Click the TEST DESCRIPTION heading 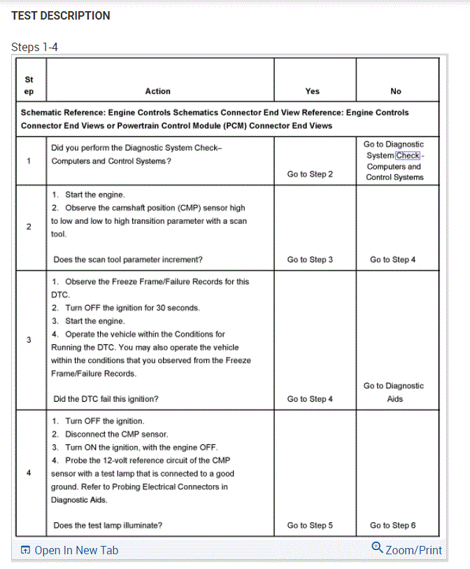tap(61, 15)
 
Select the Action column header tap(157, 91)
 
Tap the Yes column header tap(313, 91)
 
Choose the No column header tap(396, 91)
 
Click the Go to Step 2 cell tap(310, 174)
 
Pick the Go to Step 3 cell tap(310, 260)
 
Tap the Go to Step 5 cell tap(310, 525)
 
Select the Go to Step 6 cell tap(393, 525)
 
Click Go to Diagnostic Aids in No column tap(394, 392)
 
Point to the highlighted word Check tap(408, 155)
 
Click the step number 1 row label tap(29, 160)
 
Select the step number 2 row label tap(29, 227)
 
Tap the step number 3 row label tap(29, 340)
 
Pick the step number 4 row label tap(29, 472)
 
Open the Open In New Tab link tap(69, 550)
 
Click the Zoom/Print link tap(408, 550)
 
